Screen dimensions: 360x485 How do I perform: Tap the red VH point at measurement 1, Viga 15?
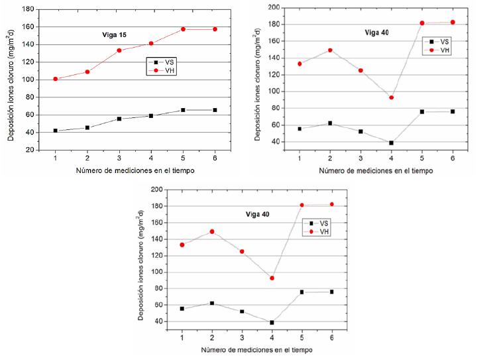pos(55,79)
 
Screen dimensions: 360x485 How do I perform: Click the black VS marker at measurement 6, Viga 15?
pos(215,110)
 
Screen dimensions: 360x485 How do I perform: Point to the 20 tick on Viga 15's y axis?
pos(30,150)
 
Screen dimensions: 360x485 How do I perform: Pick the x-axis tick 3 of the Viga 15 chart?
pos(119,158)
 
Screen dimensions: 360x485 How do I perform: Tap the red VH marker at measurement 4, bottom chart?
pos(272,278)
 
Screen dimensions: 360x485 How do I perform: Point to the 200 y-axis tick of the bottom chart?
pos(157,190)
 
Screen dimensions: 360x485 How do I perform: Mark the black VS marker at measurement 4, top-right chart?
pos(392,143)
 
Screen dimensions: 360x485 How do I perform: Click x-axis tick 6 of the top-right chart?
pos(453,159)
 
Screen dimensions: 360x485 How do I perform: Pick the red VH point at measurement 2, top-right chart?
pos(330,50)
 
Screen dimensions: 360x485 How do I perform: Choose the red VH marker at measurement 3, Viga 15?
pos(119,50)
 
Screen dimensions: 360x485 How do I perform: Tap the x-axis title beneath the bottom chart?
pos(258,349)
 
